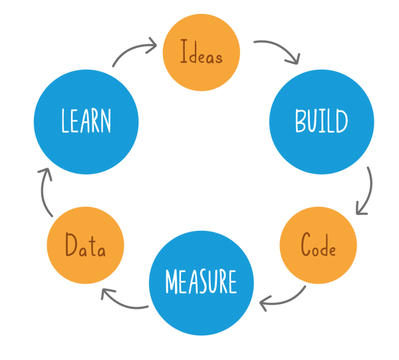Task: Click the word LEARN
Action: tap(86, 122)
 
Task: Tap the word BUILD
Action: tap(321, 122)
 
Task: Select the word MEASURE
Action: tap(201, 282)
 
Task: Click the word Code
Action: tap(318, 246)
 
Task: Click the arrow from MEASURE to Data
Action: tap(124, 301)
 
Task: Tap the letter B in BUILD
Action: tap(301, 122)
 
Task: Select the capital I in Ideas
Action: tap(183, 53)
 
